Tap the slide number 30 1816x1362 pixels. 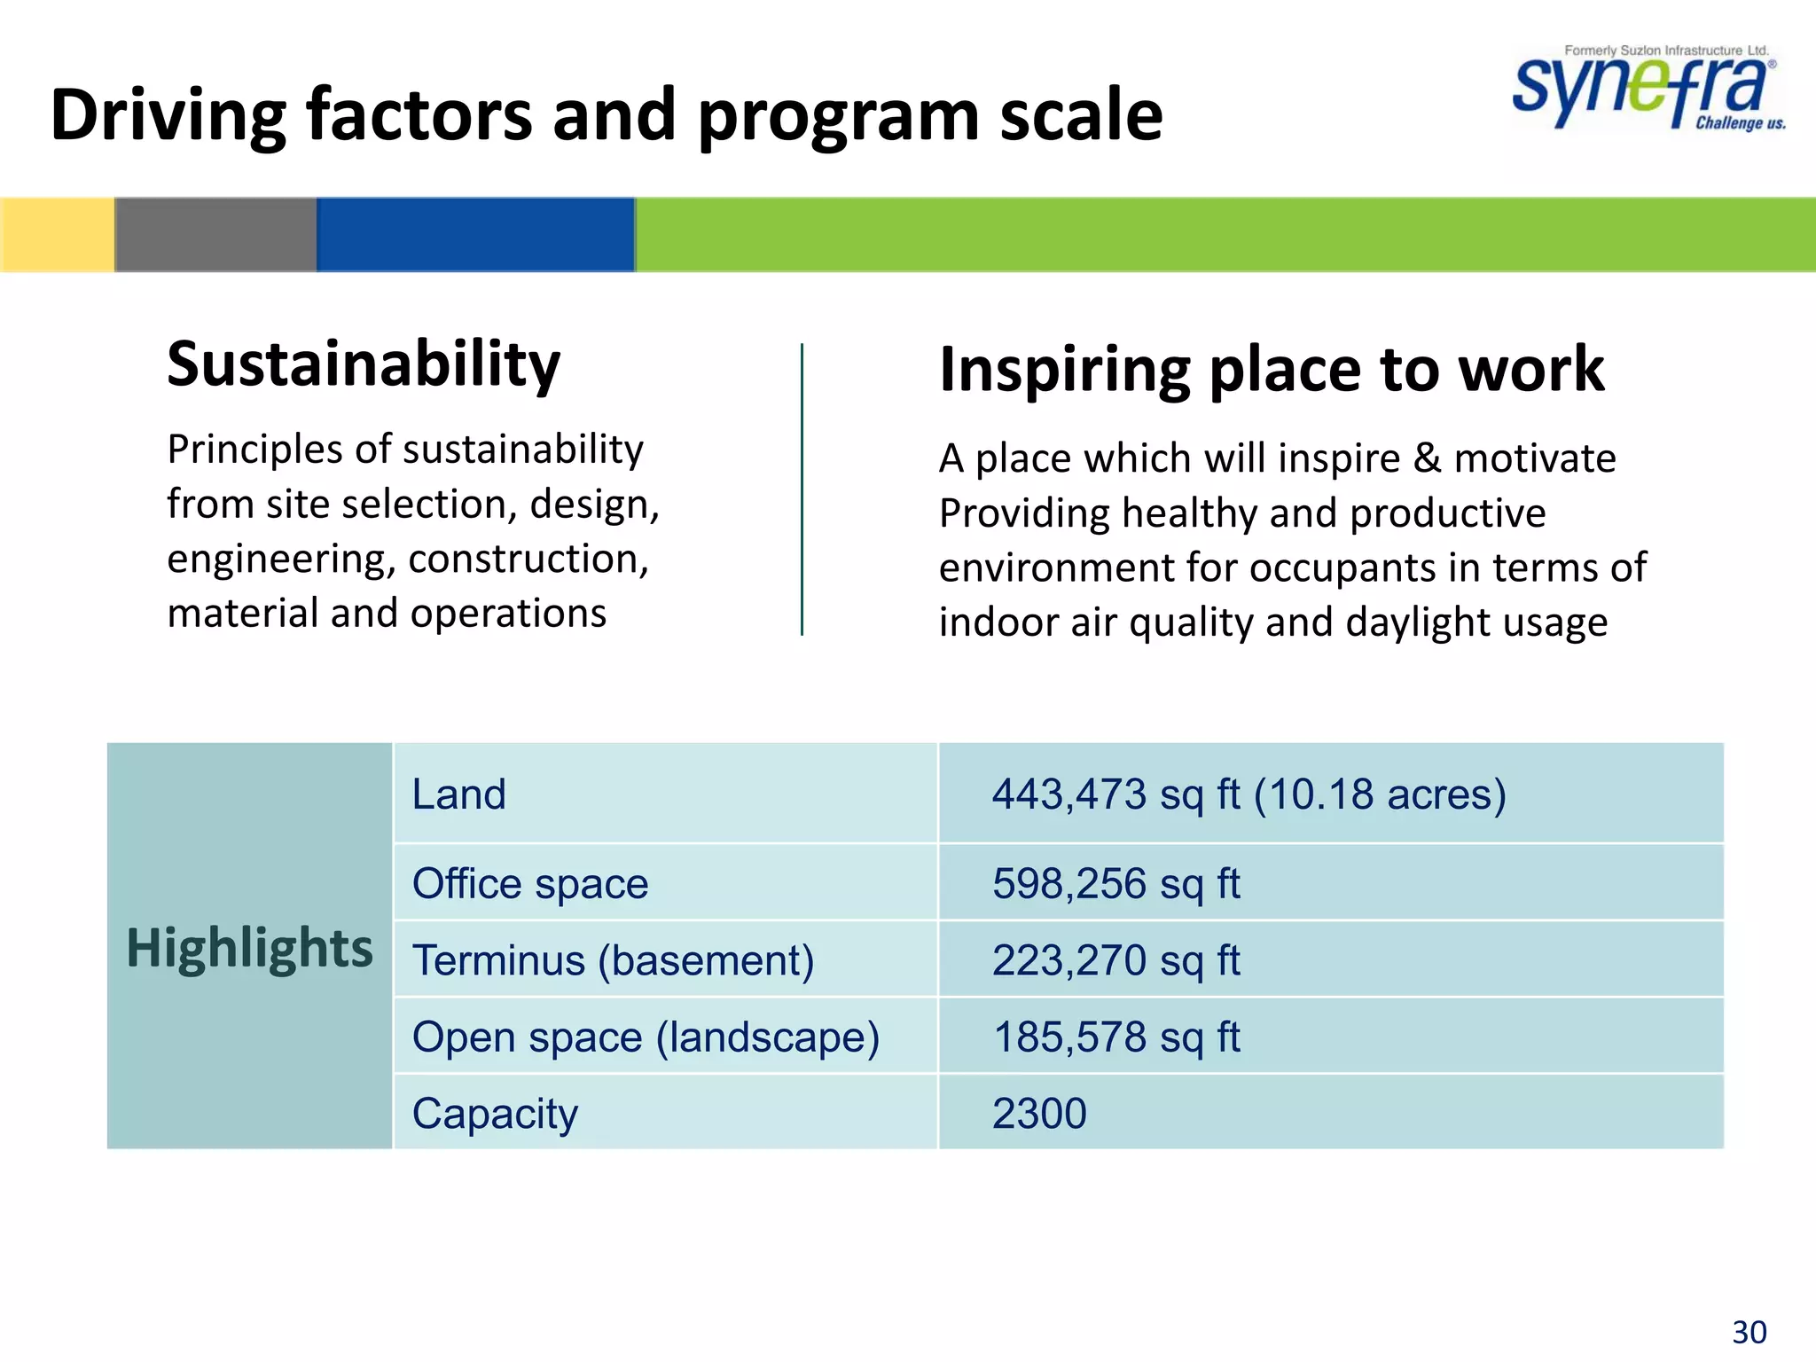pos(1749,1332)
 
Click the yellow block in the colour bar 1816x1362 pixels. pos(57,234)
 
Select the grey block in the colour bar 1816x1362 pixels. pos(215,234)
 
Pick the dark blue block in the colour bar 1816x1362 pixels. pos(475,234)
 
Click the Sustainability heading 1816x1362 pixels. pos(364,364)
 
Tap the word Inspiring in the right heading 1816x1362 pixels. pos(1063,370)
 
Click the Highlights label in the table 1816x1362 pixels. pos(249,947)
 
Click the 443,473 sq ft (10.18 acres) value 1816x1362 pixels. pos(1248,794)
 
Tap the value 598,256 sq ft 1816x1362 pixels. pos(1115,883)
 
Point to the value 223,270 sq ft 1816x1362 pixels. pos(1115,960)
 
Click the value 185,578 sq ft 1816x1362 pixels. pos(1115,1037)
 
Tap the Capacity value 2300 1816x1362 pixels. pos(1039,1113)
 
